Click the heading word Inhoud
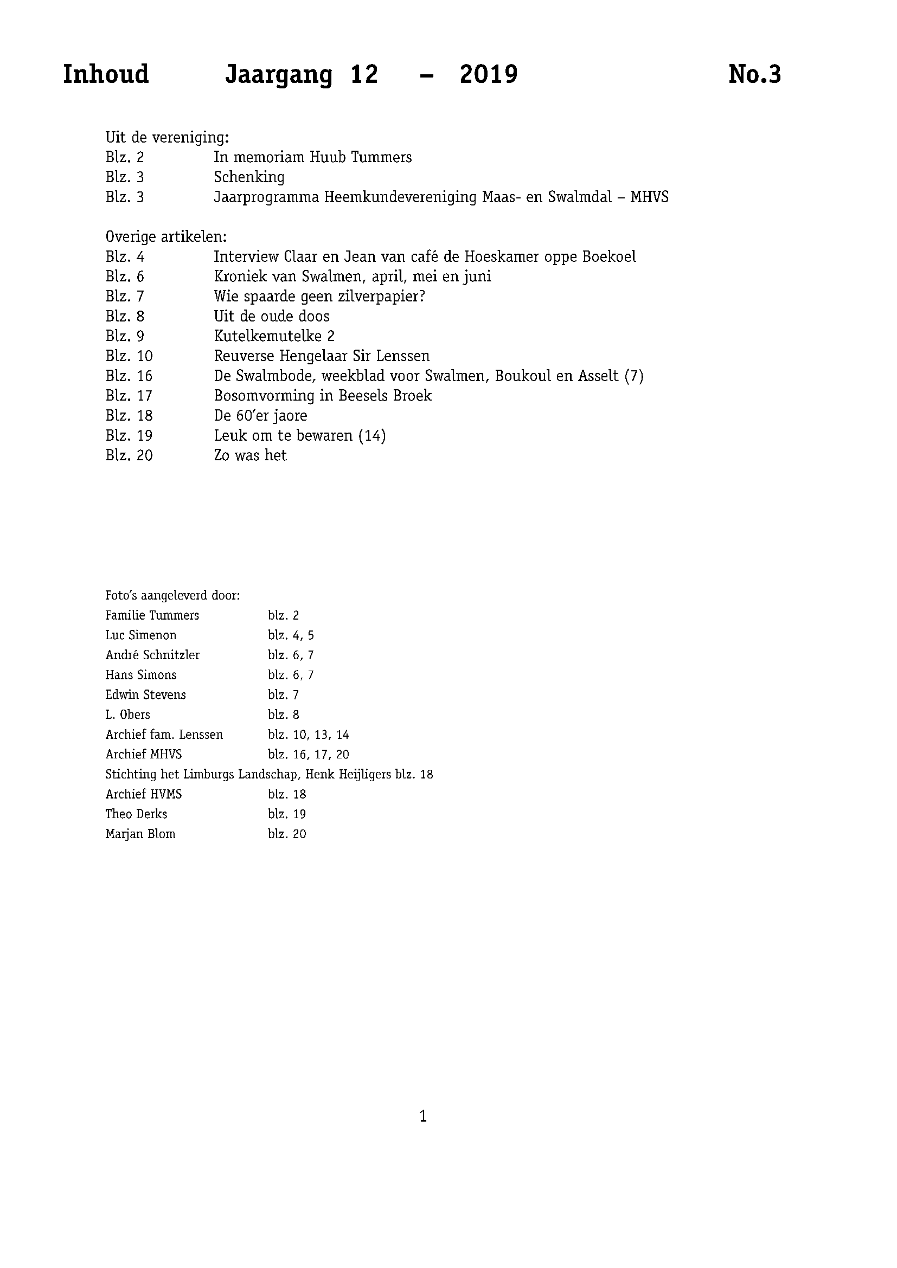point(106,75)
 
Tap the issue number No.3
point(754,75)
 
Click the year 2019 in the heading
point(488,75)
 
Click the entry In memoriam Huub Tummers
point(312,157)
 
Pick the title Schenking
point(249,177)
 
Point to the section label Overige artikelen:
point(166,237)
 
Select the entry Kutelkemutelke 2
point(274,336)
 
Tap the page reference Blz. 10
point(129,356)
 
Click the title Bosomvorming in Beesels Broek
point(323,396)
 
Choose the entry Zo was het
point(250,455)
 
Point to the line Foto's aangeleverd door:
point(172,596)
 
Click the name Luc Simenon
point(141,635)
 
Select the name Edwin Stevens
point(146,695)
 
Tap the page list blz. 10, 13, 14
point(308,735)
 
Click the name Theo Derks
point(137,814)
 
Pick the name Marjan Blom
point(140,834)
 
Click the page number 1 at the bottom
point(423,1117)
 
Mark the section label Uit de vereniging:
point(168,138)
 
